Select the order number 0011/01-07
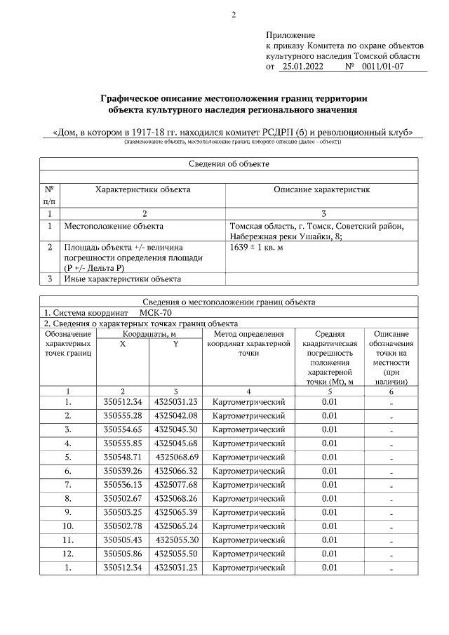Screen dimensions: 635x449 (382, 67)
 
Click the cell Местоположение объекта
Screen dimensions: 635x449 (114, 227)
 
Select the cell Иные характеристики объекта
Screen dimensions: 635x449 (122, 279)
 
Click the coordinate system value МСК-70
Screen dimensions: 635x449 (155, 312)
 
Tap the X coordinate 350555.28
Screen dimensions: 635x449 (122, 415)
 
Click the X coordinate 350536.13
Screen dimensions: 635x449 (122, 484)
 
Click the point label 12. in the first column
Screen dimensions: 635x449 (67, 553)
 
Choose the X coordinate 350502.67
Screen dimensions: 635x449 (122, 498)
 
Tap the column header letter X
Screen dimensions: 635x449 (122, 344)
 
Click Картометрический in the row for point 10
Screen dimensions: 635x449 (248, 526)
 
